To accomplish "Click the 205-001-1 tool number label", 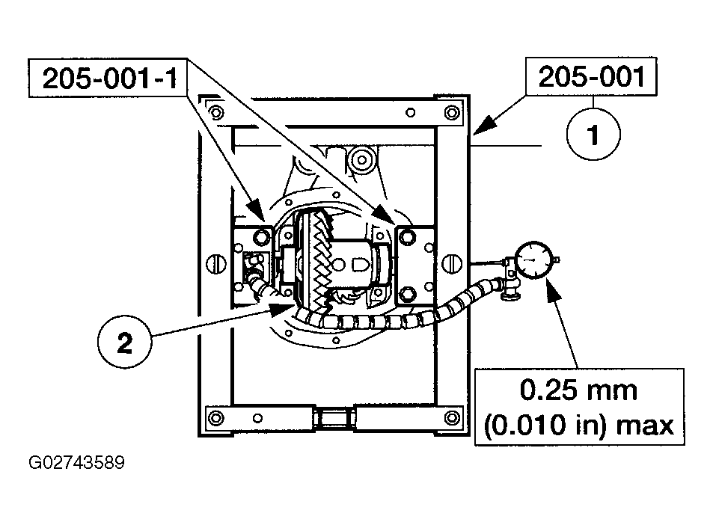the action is (109, 79).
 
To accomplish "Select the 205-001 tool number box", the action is (591, 76).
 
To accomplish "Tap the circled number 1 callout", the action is (593, 134).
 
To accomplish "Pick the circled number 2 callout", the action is (125, 342).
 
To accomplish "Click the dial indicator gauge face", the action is (534, 260).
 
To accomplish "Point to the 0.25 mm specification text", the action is (578, 390).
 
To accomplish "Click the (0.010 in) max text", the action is (578, 426).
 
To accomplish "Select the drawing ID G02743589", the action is (76, 463).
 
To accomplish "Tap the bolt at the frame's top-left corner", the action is (216, 111).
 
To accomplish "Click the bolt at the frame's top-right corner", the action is (452, 112).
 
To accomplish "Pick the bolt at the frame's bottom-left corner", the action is (215, 417).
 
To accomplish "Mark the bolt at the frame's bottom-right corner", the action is (452, 417).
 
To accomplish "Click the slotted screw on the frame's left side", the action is (216, 263).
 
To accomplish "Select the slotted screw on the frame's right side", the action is (452, 263).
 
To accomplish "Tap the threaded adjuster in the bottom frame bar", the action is (334, 417).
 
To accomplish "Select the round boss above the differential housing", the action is (361, 160).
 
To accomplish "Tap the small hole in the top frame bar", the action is (410, 112).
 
